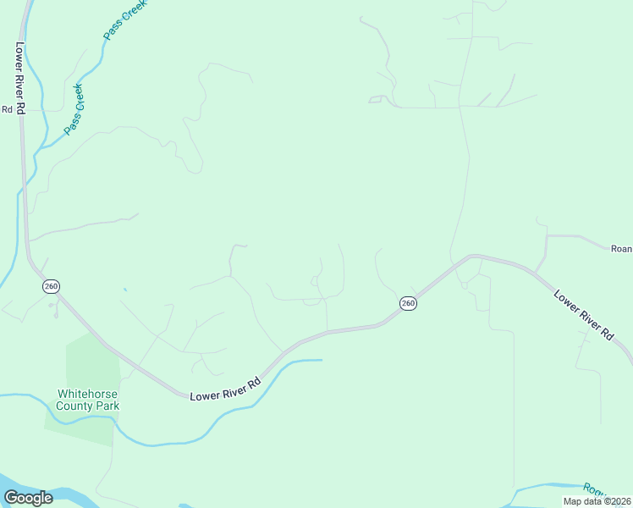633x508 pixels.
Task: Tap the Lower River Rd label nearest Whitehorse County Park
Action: click(x=224, y=389)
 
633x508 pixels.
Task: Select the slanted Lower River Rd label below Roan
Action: click(x=583, y=315)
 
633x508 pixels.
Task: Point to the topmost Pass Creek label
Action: click(x=124, y=19)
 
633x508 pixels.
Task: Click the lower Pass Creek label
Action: click(x=75, y=108)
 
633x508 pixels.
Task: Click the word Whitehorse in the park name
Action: click(x=87, y=394)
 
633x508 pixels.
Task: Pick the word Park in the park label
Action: click(x=107, y=406)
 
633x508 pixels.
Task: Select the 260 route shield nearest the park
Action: click(x=51, y=287)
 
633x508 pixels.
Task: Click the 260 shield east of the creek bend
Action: click(x=408, y=303)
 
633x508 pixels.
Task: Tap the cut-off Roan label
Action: click(x=621, y=248)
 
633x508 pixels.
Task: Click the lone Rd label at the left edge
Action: click(x=7, y=108)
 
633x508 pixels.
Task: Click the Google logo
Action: click(x=28, y=498)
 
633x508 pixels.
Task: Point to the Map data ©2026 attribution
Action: click(x=597, y=501)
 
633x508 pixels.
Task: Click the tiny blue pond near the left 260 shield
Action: click(x=124, y=290)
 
